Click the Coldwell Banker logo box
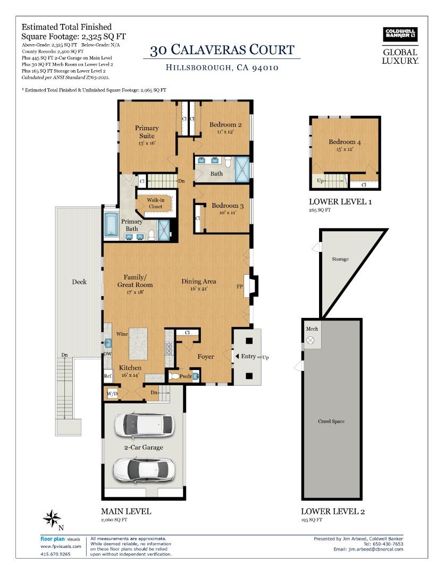point(400,35)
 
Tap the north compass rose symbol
point(52,518)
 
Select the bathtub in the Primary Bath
point(112,224)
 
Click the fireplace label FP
point(240,286)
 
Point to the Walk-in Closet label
point(155,203)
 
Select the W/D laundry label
point(112,394)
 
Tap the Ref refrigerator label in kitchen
point(108,376)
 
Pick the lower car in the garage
point(143,469)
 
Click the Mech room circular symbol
point(312,340)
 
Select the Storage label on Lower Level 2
point(340,259)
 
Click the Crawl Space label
point(331,421)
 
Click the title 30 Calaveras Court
point(222,50)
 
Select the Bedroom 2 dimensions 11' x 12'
point(225,132)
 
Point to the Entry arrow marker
point(237,356)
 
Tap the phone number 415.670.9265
point(55,554)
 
